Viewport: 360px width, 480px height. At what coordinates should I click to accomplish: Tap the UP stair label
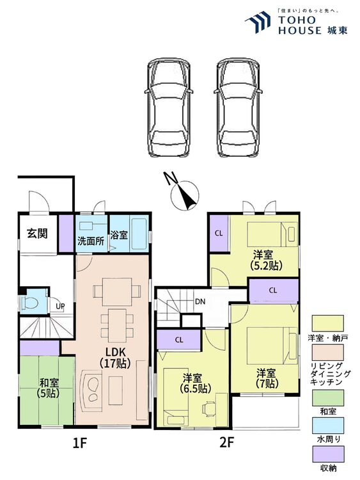click(x=60, y=306)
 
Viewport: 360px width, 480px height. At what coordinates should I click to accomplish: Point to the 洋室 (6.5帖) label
click(x=194, y=383)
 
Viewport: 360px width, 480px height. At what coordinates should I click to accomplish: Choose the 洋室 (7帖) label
click(x=267, y=378)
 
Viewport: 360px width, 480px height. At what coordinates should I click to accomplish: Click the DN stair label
click(x=200, y=301)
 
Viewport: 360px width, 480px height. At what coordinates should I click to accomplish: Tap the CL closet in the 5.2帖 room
click(x=219, y=233)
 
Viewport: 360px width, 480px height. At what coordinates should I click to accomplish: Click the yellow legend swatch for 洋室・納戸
click(x=327, y=321)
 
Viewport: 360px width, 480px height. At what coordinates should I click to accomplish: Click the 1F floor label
click(x=80, y=442)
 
